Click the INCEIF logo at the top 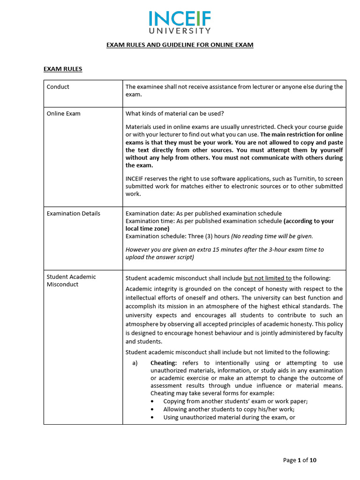click(x=180, y=19)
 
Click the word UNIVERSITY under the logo click(x=180, y=31)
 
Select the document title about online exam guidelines click(x=180, y=45)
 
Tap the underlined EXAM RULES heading click(x=63, y=69)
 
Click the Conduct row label click(x=58, y=87)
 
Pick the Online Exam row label click(x=64, y=113)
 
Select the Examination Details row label click(x=74, y=213)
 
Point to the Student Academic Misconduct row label click(x=71, y=280)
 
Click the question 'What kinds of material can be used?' click(x=175, y=113)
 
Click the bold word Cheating click(x=164, y=363)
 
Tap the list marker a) click(x=135, y=363)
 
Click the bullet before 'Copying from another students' click(x=154, y=402)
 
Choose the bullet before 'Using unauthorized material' click(x=154, y=417)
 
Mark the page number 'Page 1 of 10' click(x=300, y=460)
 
